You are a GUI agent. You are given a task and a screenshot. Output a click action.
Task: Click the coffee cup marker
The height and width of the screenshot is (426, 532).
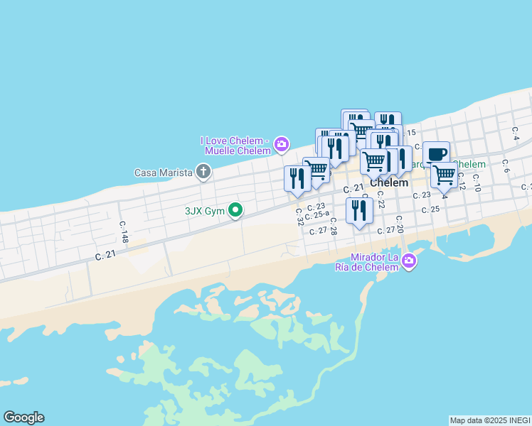[436, 153]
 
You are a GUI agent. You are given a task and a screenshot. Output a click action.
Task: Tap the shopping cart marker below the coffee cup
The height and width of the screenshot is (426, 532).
[444, 174]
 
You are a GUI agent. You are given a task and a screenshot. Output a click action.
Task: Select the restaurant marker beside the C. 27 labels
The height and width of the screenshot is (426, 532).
[359, 210]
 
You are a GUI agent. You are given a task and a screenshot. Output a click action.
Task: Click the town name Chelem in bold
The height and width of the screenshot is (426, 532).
[389, 182]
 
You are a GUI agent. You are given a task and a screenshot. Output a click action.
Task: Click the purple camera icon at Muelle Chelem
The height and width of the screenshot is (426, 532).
[282, 145]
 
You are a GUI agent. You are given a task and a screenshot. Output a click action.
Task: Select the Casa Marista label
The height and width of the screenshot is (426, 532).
[164, 172]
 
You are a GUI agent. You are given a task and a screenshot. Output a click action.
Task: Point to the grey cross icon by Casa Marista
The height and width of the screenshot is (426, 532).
[203, 171]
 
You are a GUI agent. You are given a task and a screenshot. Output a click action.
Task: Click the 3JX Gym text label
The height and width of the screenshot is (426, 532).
[205, 210]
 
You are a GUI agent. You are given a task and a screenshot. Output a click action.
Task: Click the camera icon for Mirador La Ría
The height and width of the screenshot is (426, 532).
[408, 261]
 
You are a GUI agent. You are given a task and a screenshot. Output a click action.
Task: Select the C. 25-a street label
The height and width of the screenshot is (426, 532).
[317, 214]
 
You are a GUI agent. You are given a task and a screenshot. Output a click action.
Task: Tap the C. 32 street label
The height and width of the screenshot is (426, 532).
[300, 216]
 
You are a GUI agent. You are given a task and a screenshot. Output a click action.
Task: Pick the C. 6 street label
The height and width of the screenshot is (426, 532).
[506, 165]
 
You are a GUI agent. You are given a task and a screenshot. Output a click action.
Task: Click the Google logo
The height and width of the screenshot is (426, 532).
[23, 417]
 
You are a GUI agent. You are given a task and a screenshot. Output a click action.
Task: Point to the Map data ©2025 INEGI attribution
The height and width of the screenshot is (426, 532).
[490, 420]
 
